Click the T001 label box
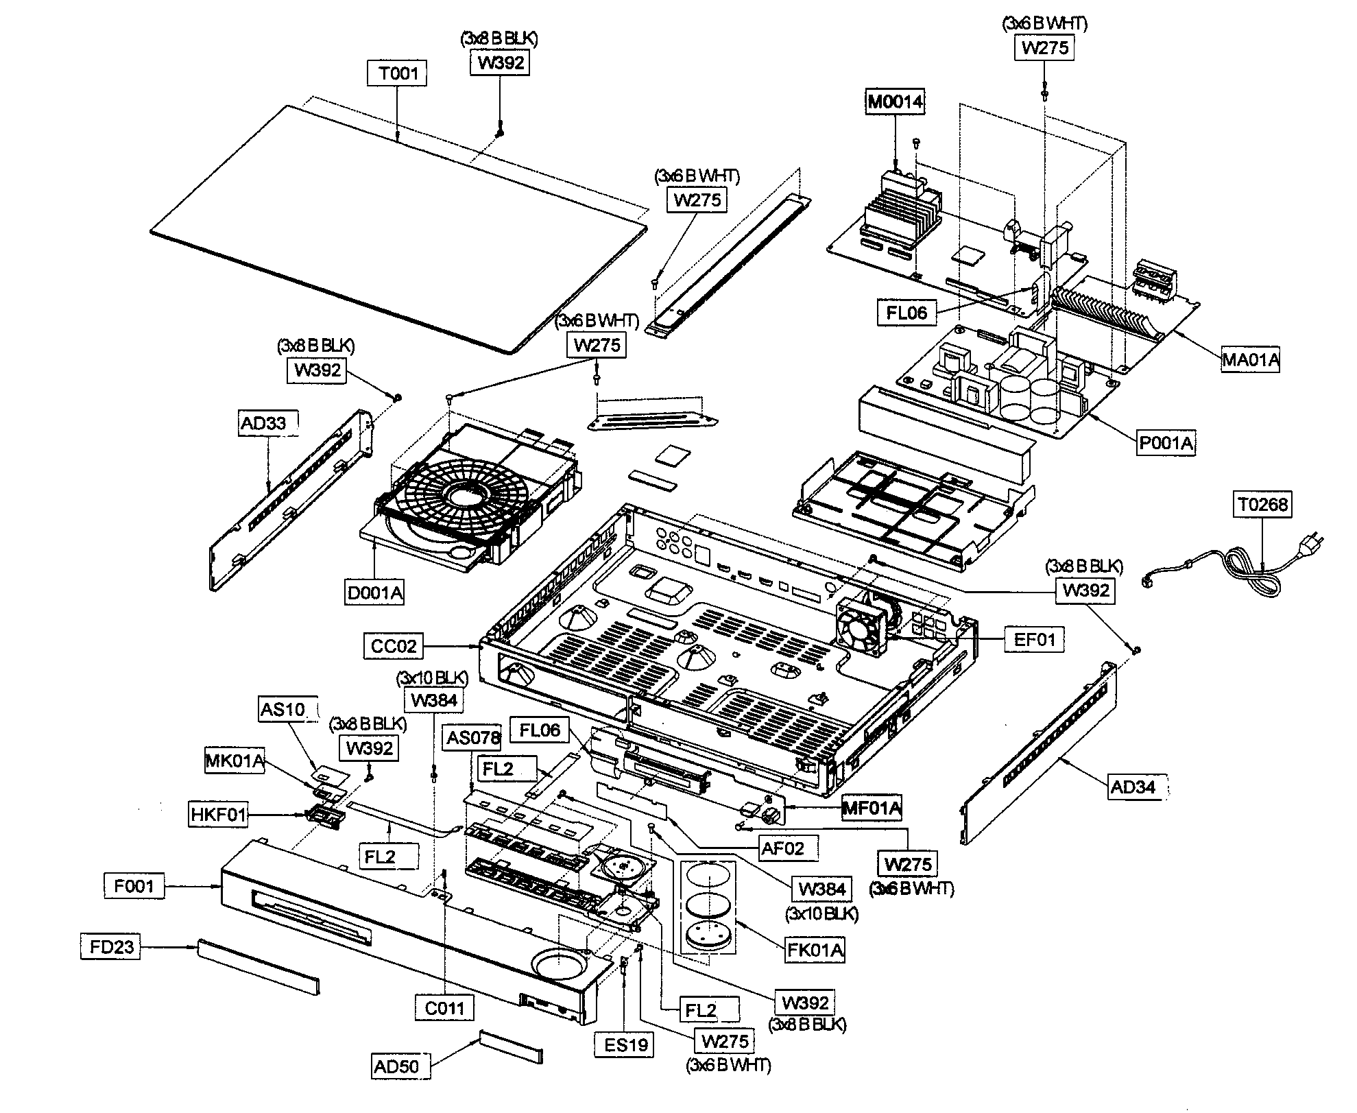[398, 73]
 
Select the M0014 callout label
[895, 103]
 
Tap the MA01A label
[1251, 359]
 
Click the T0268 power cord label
[1263, 505]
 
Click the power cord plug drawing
[1306, 545]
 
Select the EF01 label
[1034, 640]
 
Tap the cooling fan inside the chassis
[860, 627]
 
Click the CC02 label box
[394, 646]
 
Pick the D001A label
[374, 593]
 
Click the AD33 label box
[263, 423]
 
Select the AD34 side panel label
[1133, 787]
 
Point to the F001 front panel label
[134, 886]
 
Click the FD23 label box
[110, 947]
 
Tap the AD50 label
[396, 1066]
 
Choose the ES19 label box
[626, 1044]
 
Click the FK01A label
[815, 950]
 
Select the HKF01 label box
[218, 815]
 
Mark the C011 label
[444, 1008]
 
